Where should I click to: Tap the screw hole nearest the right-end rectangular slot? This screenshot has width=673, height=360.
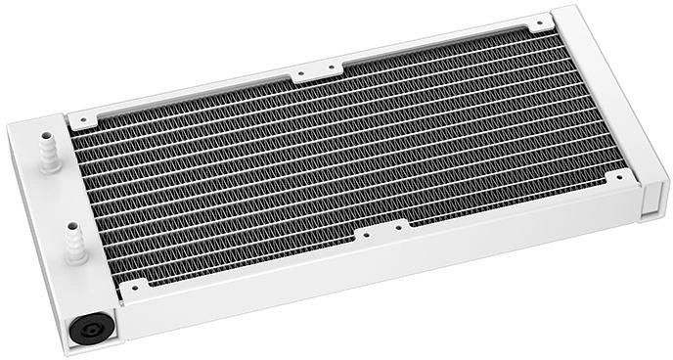coord(620,177)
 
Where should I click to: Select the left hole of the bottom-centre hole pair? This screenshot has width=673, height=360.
coord(364,235)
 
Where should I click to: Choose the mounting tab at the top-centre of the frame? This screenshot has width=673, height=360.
coord(317,72)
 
